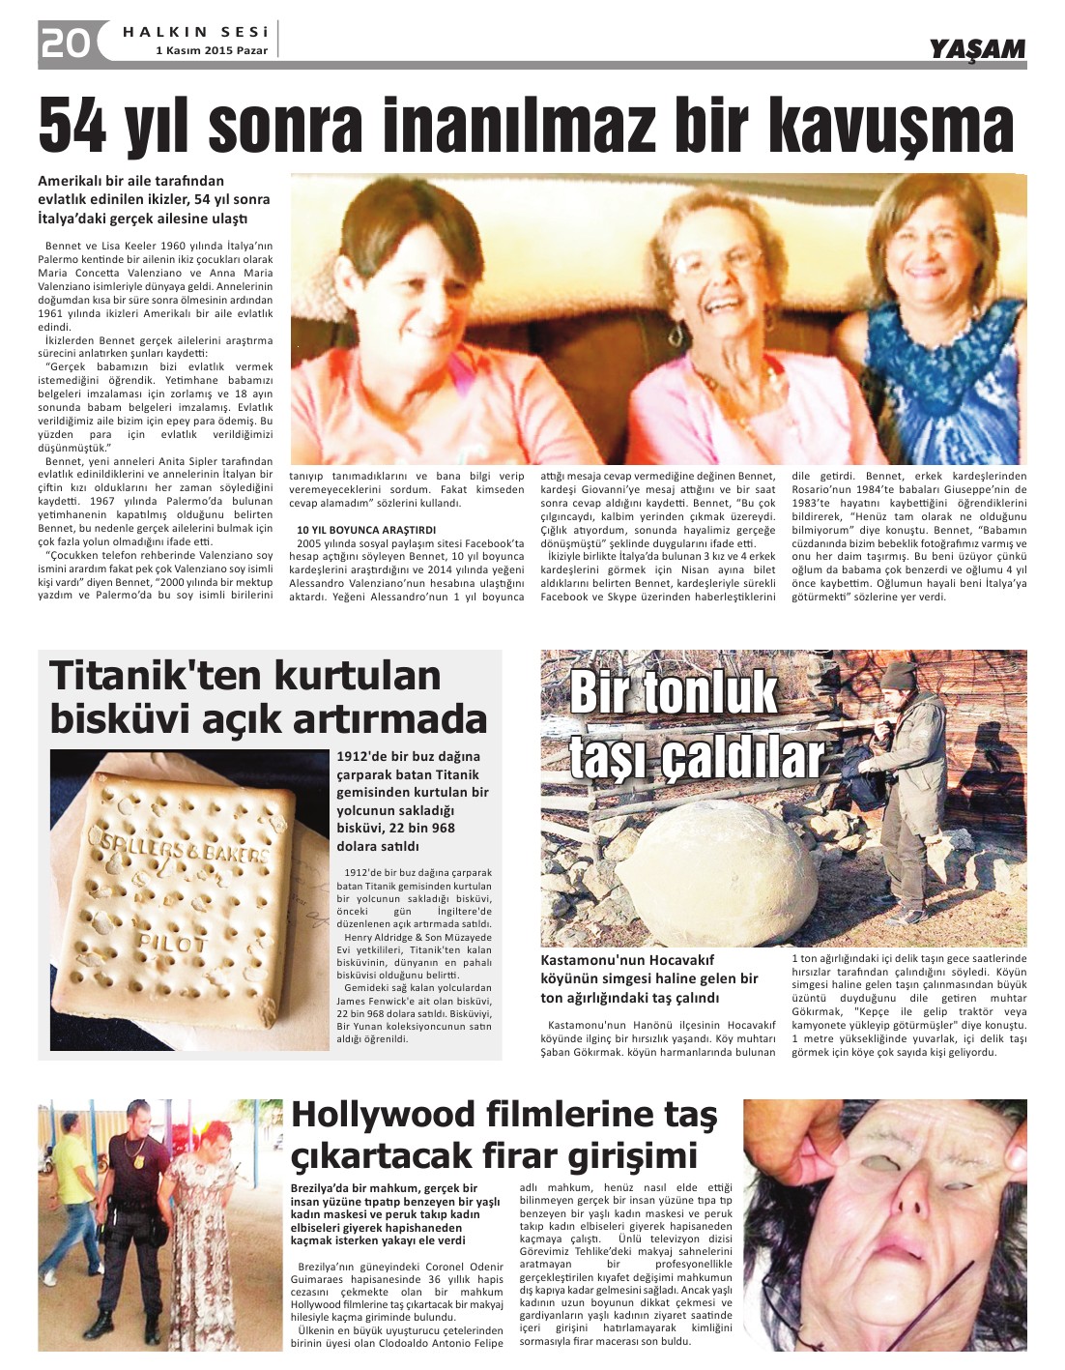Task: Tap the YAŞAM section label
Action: [x=977, y=49]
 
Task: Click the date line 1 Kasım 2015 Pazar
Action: [x=213, y=50]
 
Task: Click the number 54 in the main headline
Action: [x=73, y=126]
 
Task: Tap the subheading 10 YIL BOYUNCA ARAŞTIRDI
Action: [x=366, y=530]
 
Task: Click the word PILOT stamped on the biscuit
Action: [x=173, y=942]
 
